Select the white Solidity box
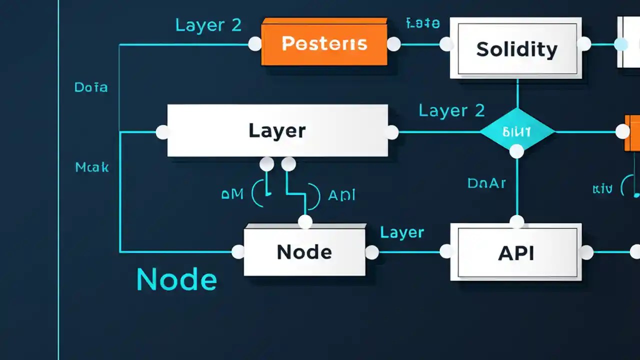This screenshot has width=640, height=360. [516, 48]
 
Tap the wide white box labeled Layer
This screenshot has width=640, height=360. [277, 131]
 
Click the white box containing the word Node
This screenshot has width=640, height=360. [304, 252]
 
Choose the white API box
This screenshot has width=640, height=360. [516, 252]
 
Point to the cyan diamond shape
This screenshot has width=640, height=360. [517, 131]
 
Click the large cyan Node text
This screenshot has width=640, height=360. [176, 279]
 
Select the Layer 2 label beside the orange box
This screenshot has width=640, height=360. [208, 25]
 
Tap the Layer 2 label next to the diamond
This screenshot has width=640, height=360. [451, 110]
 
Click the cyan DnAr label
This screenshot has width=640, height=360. [486, 183]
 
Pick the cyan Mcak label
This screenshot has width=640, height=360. [92, 167]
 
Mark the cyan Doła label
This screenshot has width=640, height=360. [91, 87]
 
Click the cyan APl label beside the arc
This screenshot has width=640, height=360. [341, 195]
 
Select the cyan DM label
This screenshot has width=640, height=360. [232, 194]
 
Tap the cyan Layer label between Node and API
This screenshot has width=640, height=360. [402, 232]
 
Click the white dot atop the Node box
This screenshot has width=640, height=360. [305, 221]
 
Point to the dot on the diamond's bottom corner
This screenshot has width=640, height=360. [516, 150]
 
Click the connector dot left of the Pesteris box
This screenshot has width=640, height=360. [255, 44]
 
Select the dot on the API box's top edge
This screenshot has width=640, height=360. [516, 221]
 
